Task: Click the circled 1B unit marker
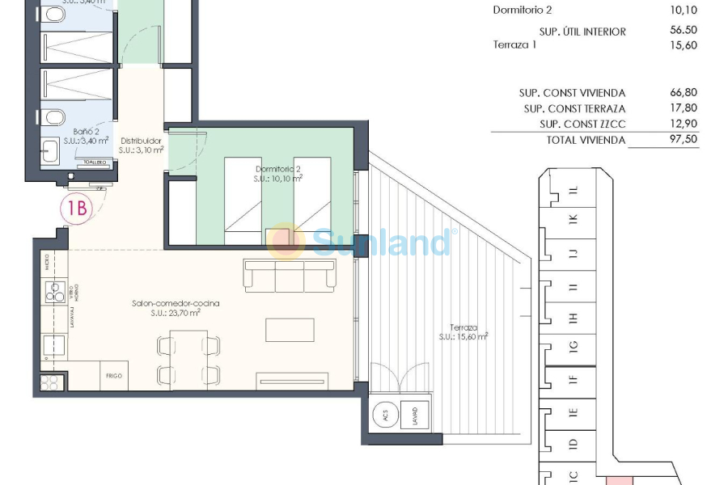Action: (78, 209)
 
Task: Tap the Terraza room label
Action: (463, 332)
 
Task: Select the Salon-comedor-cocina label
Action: (176, 308)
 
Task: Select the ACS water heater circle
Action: (385, 416)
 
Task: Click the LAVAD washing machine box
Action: (415, 417)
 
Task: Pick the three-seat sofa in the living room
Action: (290, 275)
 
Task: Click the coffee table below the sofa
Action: (290, 330)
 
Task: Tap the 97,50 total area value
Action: (680, 139)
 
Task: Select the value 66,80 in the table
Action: (680, 93)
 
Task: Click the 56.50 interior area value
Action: (680, 32)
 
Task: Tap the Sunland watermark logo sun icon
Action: (286, 240)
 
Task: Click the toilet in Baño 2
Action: (54, 118)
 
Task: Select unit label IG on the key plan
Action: (574, 348)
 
